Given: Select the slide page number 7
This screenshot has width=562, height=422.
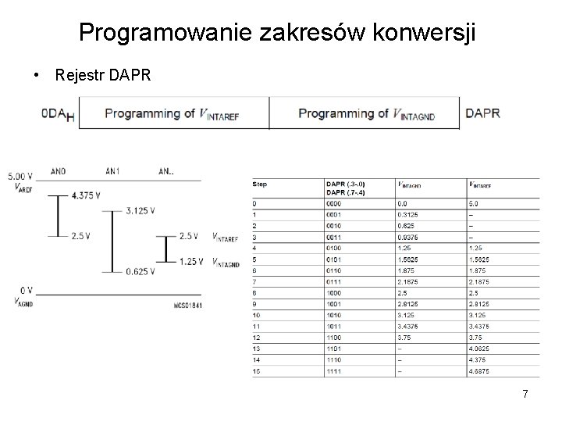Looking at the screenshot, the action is [x=525, y=394].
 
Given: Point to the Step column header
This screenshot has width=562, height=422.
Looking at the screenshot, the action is [x=260, y=184].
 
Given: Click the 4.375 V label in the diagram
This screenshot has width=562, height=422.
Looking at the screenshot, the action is [x=85, y=195].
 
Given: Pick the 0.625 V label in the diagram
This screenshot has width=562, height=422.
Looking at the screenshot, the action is [x=142, y=271].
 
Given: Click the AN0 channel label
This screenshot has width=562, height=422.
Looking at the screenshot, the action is [x=58, y=170].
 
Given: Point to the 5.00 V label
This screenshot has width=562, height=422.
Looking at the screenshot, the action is [x=20, y=177].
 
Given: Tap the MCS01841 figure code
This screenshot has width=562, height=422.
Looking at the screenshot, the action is [x=187, y=305].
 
